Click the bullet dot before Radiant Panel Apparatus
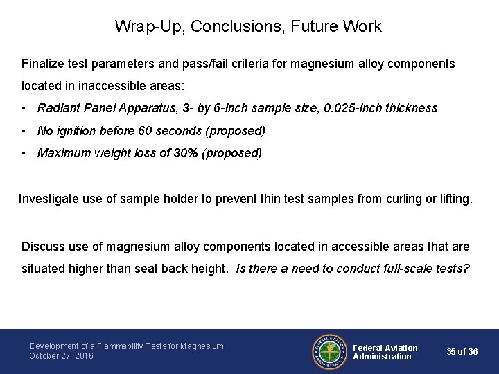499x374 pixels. pos(24,108)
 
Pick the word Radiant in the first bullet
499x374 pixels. pos(59,108)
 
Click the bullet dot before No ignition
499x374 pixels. pos(24,131)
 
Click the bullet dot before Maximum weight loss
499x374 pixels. pos(24,153)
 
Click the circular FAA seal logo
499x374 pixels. pos(330,351)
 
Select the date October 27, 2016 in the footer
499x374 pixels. pos(61,356)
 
